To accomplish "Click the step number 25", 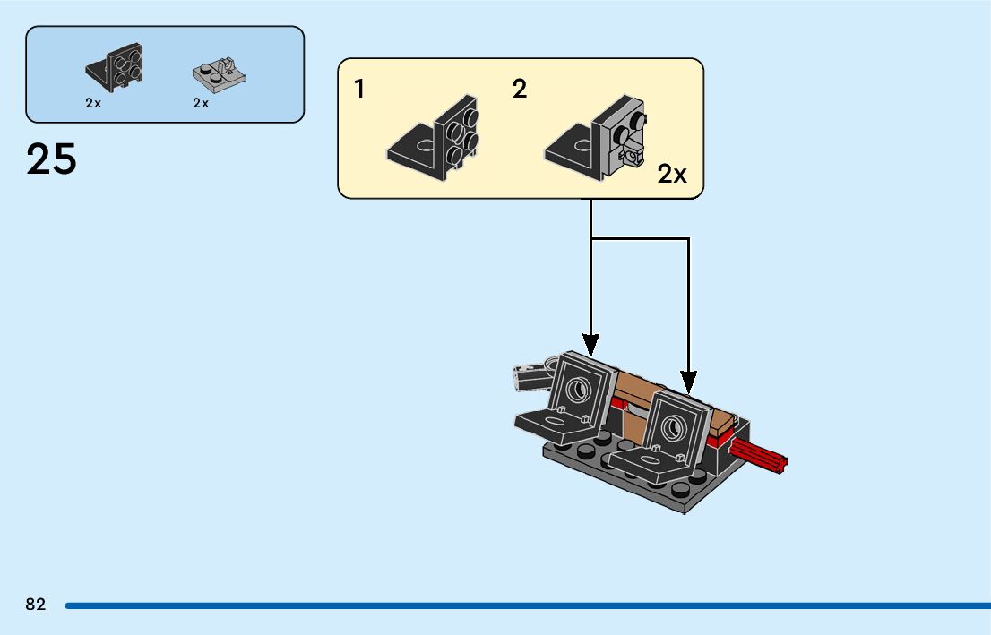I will tap(52, 159).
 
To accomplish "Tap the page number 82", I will tap(36, 605).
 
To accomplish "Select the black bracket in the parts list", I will tap(116, 68).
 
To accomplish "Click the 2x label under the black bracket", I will tap(93, 103).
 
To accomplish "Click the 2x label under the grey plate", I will tap(201, 103).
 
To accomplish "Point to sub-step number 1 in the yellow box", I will tap(359, 90).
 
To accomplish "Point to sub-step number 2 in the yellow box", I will tap(520, 90).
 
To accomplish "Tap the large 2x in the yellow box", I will tap(672, 174).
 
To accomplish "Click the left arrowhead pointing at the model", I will tap(590, 343).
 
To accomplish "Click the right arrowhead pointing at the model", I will tap(689, 382).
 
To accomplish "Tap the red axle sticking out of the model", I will tap(760, 457).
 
